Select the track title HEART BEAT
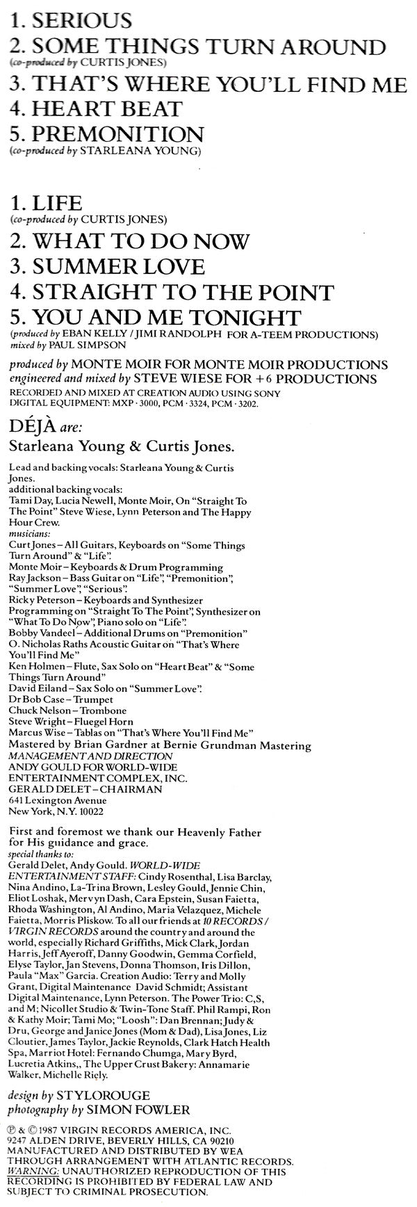click(104, 109)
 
